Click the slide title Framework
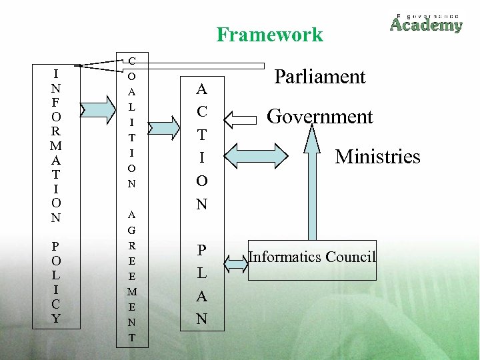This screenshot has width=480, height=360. (x=269, y=35)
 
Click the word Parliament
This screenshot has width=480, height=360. (x=320, y=77)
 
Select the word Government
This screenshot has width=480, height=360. (x=320, y=117)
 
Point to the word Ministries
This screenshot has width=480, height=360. (x=377, y=157)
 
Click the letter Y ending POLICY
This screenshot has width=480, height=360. (x=57, y=319)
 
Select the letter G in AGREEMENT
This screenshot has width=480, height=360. (x=131, y=229)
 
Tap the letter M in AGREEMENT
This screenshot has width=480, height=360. (x=131, y=291)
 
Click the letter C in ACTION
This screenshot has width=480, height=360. (x=201, y=111)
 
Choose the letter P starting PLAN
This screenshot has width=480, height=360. (x=201, y=250)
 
